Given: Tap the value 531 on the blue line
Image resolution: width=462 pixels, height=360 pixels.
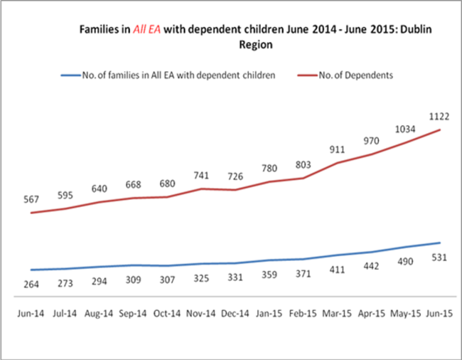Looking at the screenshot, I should click(x=439, y=258).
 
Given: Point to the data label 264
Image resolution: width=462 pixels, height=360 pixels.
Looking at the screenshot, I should click(x=32, y=284).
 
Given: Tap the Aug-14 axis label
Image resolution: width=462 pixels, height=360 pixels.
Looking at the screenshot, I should click(x=99, y=314).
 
